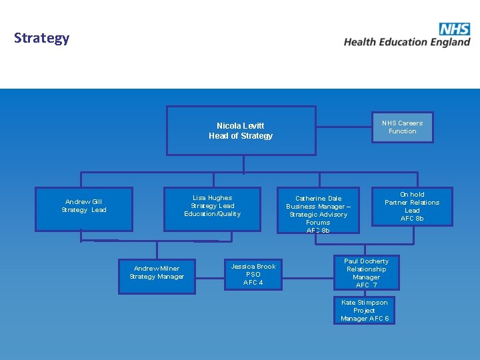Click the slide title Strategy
click(41, 38)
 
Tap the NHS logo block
click(454, 29)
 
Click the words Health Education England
click(407, 42)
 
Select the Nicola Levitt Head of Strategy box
click(241, 131)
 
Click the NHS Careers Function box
click(402, 127)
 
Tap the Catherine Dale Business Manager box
click(318, 210)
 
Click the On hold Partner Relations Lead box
click(412, 207)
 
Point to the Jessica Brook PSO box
click(253, 274)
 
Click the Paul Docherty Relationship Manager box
click(366, 273)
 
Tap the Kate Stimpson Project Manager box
click(364, 311)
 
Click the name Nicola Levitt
click(241, 125)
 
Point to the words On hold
click(412, 195)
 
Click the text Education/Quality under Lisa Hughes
click(213, 214)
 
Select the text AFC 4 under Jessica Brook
click(253, 283)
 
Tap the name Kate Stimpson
click(364, 303)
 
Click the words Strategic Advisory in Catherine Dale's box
click(318, 215)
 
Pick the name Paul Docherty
click(366, 261)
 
